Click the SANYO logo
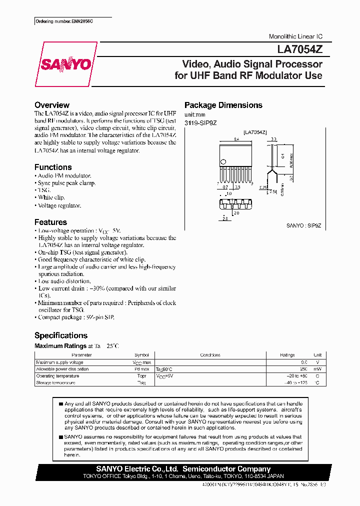click(65, 64)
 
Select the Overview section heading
click(52, 105)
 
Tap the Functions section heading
click(53, 167)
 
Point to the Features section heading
click(50, 222)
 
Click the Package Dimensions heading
click(223, 105)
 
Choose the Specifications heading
click(61, 335)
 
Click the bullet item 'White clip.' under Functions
click(52, 197)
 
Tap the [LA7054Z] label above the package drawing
click(255, 132)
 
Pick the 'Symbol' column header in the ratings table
click(141, 355)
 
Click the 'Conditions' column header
click(210, 355)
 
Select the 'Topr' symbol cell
click(141, 376)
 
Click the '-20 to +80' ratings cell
click(296, 376)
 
